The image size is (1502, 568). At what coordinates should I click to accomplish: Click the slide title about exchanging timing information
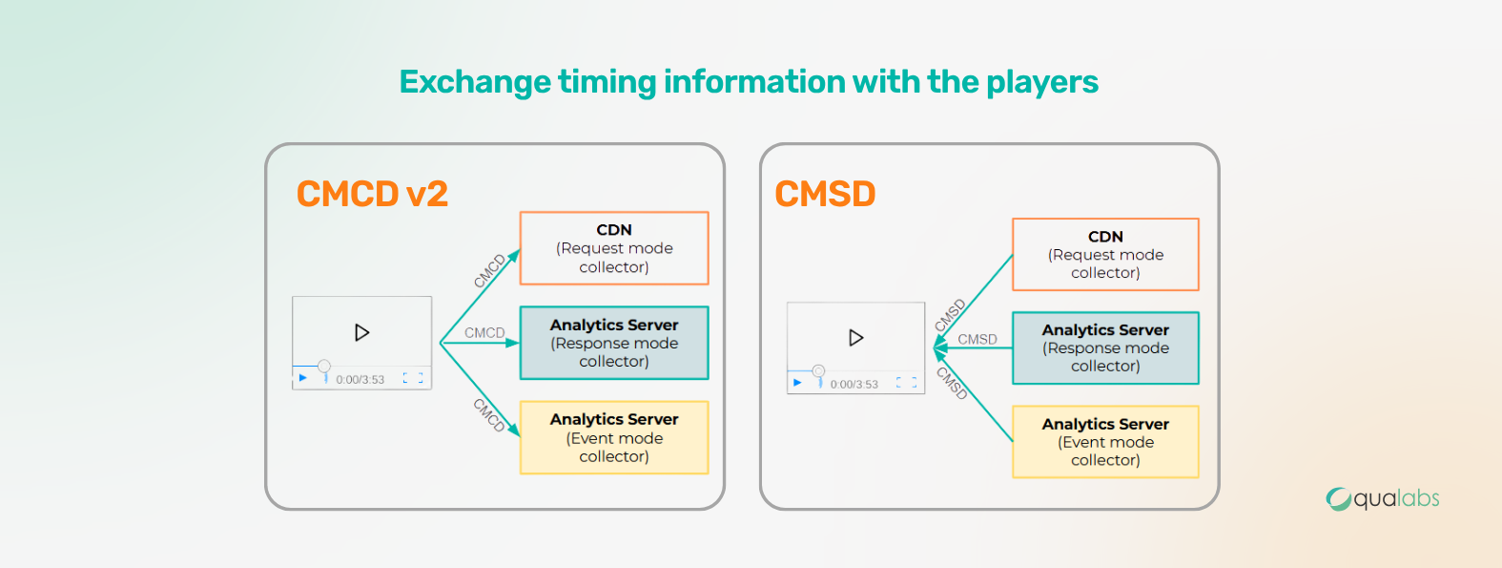tap(749, 82)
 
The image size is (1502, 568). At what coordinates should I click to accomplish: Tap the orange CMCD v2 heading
tap(372, 194)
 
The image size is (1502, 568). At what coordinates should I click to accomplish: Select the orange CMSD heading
tap(825, 194)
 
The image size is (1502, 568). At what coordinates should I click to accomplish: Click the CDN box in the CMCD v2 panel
tap(614, 248)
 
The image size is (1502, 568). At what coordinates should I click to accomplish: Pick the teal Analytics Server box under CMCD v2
tap(614, 343)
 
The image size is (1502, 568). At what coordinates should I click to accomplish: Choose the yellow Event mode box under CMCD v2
tap(614, 438)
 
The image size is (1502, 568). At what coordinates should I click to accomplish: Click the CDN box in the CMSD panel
tap(1105, 255)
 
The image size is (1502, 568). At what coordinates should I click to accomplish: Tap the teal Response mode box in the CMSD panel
tap(1105, 347)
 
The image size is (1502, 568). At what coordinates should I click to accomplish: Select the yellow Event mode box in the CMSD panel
tap(1105, 442)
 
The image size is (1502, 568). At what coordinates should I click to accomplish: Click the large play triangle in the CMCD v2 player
tap(361, 332)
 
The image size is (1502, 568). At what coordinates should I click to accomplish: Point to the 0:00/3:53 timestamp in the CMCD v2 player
tap(360, 380)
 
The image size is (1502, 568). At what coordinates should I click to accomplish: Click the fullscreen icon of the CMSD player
tap(907, 383)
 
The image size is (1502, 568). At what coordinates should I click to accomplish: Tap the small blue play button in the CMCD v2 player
tap(303, 378)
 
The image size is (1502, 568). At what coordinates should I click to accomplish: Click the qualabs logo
tap(1383, 499)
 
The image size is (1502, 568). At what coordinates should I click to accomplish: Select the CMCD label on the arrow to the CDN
tap(490, 270)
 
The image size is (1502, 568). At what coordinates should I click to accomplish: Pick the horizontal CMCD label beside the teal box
tap(484, 333)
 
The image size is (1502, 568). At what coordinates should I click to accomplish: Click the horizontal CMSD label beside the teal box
tap(977, 340)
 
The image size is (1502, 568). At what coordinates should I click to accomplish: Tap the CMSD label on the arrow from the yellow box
tap(952, 384)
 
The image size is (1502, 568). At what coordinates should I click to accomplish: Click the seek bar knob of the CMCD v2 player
tap(324, 366)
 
